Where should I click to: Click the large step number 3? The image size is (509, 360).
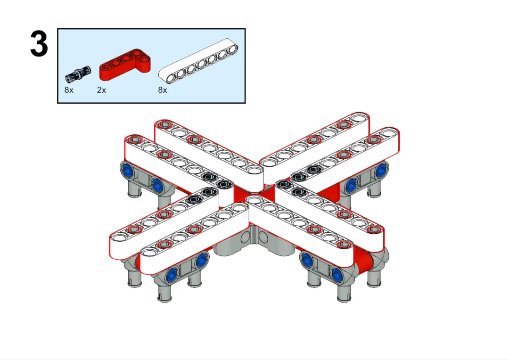(x=39, y=44)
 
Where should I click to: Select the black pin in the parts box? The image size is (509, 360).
(x=78, y=74)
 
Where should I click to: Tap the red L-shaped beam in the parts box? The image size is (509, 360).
(x=125, y=65)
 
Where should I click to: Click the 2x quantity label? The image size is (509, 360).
(x=101, y=90)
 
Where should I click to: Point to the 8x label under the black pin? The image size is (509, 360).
(x=69, y=90)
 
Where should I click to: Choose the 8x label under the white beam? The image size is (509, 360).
(x=162, y=90)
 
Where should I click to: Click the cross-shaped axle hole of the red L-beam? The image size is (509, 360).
(x=105, y=66)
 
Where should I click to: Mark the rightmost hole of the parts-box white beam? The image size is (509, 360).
(x=232, y=49)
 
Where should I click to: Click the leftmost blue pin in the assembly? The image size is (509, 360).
(x=127, y=169)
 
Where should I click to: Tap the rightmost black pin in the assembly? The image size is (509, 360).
(x=313, y=169)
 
